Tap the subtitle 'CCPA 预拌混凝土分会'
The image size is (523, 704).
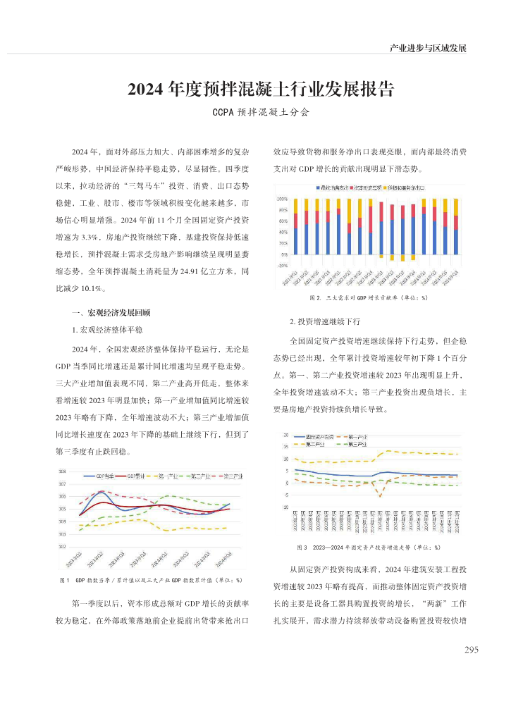pyautogui.click(x=261, y=112)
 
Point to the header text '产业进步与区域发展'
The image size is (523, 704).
pyautogui.click(x=428, y=48)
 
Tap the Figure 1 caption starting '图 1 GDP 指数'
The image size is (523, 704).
pyautogui.click(x=152, y=580)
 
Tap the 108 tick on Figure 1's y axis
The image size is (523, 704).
pyautogui.click(x=62, y=471)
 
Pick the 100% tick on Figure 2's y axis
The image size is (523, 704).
pyautogui.click(x=282, y=199)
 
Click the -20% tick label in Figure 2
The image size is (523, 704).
pyautogui.click(x=282, y=266)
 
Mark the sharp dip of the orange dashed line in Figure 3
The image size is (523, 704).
pyautogui.click(x=381, y=496)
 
